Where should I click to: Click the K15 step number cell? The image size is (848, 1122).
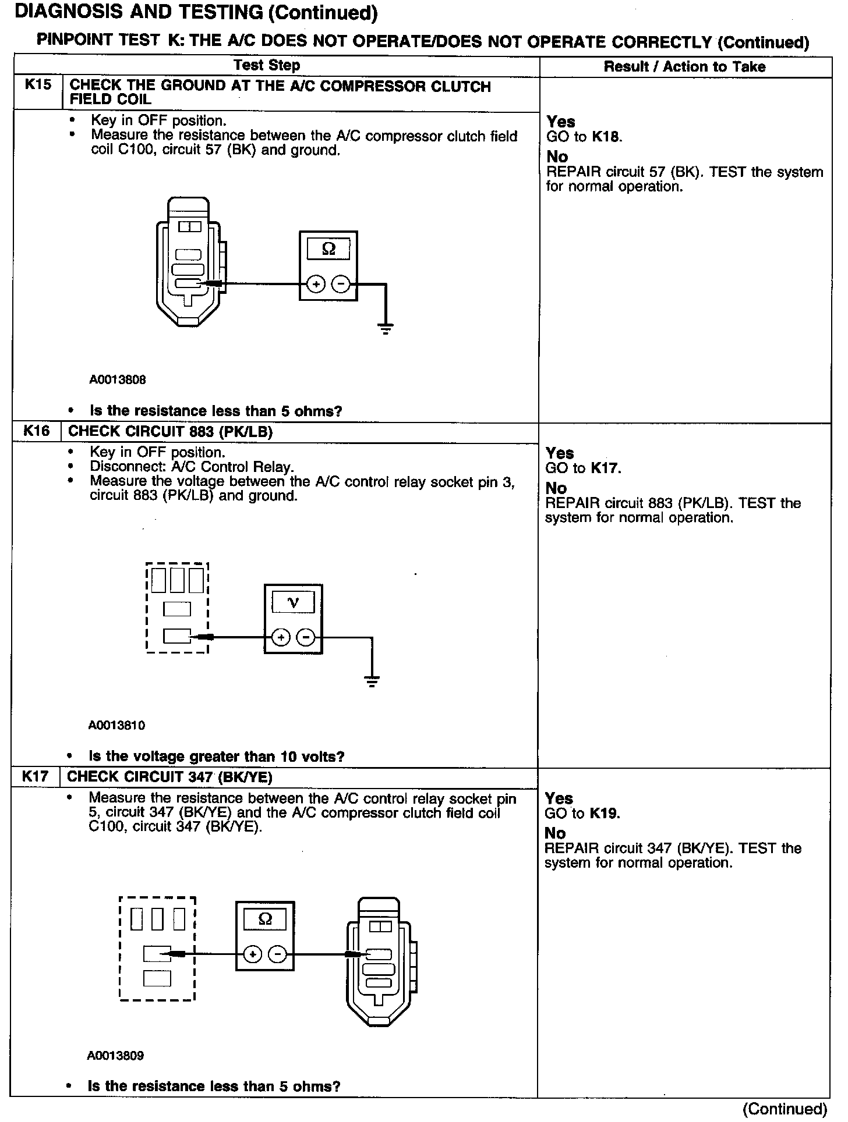[x=38, y=85]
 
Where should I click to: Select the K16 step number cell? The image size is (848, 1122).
[x=36, y=431]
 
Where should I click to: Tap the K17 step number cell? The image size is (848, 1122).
[x=35, y=776]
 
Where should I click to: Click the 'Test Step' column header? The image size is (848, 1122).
[x=267, y=65]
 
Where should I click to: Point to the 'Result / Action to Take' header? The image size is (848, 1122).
[x=684, y=66]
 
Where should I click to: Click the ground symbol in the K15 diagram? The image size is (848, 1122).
[x=386, y=328]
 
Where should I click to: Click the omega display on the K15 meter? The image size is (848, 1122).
[x=328, y=249]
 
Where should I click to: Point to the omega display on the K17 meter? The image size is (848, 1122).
[x=265, y=919]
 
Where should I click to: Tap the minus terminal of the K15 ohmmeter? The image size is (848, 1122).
[x=341, y=284]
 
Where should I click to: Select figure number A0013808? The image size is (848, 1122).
[x=117, y=380]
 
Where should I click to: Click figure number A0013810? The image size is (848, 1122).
[x=116, y=725]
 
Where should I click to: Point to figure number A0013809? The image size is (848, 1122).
[x=115, y=1055]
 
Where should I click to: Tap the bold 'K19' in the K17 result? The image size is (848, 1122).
[x=604, y=813]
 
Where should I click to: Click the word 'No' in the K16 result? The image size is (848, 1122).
[x=556, y=488]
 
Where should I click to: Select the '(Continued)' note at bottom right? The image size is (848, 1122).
[x=784, y=1109]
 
